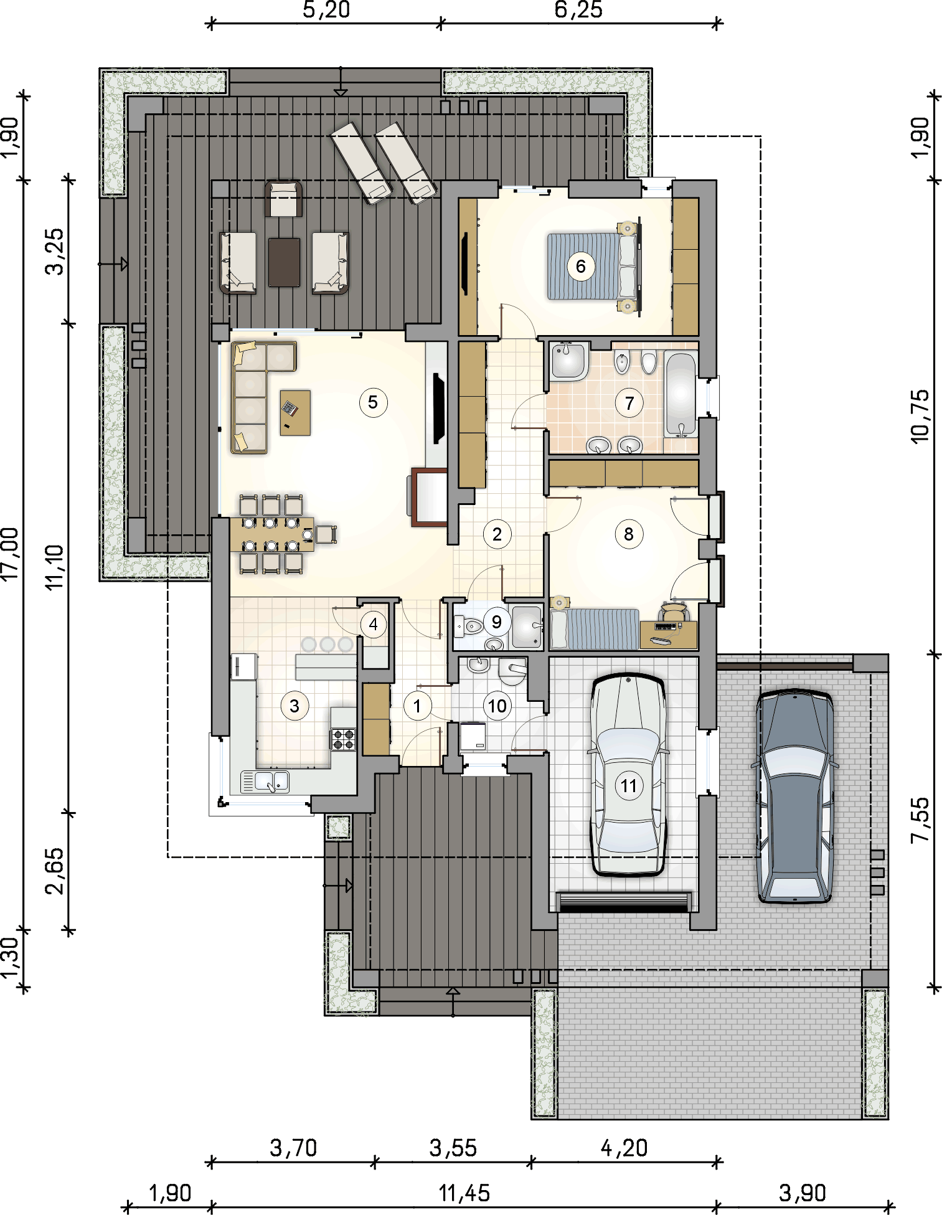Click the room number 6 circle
(x=581, y=267)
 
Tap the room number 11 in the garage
(x=629, y=786)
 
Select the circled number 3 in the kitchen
(x=294, y=706)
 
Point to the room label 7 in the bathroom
(x=629, y=404)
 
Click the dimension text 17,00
(x=11, y=554)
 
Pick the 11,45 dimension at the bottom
(x=464, y=1193)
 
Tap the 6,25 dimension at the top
(x=578, y=10)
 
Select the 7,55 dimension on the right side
(x=920, y=821)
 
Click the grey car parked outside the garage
(x=794, y=796)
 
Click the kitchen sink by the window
(x=265, y=782)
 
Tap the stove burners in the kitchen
(x=343, y=739)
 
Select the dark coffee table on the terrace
(x=284, y=262)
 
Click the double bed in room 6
(x=593, y=267)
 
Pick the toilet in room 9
(x=469, y=625)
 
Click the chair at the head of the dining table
(x=326, y=534)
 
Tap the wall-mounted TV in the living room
(x=439, y=408)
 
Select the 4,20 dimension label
(x=624, y=1148)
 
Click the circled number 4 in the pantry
(x=374, y=624)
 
